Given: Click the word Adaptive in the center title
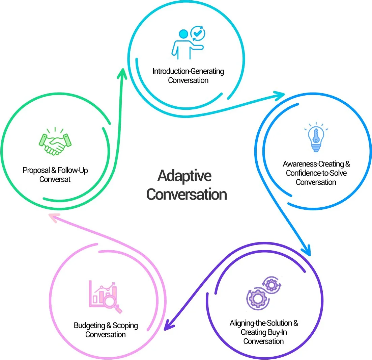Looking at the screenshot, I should click(x=184, y=176).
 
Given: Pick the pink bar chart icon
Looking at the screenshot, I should click(x=105, y=296).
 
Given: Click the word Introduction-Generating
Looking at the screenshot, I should click(x=188, y=71).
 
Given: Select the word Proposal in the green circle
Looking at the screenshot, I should click(x=36, y=170).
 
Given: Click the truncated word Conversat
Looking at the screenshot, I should click(x=55, y=179).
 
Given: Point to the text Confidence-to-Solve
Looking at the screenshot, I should click(x=316, y=173).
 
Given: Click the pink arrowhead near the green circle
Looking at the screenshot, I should click(x=54, y=218).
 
